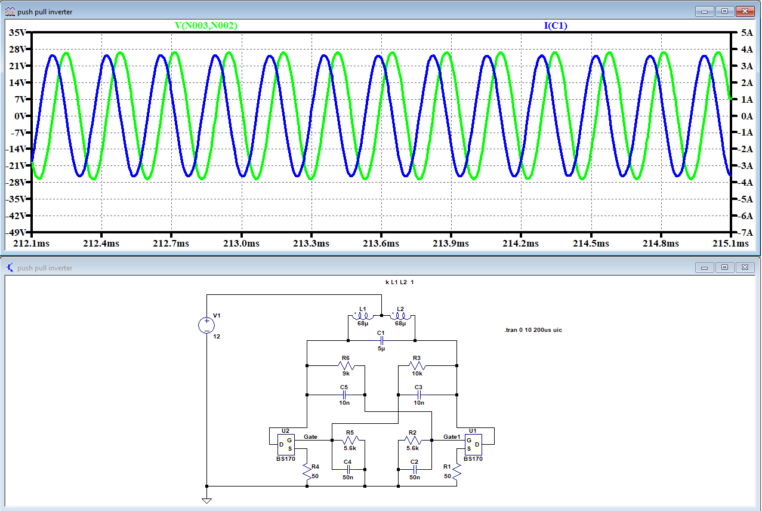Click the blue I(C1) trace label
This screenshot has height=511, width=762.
click(x=555, y=26)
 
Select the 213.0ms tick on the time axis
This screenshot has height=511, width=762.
click(x=241, y=244)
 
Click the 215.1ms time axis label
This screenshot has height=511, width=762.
click(x=731, y=244)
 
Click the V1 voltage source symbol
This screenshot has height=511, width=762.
click(x=206, y=325)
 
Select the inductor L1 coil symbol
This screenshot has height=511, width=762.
click(x=364, y=316)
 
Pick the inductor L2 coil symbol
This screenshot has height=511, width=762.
click(x=398, y=316)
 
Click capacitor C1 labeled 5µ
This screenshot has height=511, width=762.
click(x=381, y=340)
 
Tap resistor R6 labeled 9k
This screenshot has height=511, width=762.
click(x=345, y=365)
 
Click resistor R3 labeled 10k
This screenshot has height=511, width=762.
click(x=417, y=365)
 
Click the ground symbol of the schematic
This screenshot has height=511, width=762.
click(x=206, y=500)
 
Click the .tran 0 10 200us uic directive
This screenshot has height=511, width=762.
click(x=533, y=330)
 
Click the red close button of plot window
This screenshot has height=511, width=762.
click(x=745, y=11)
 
